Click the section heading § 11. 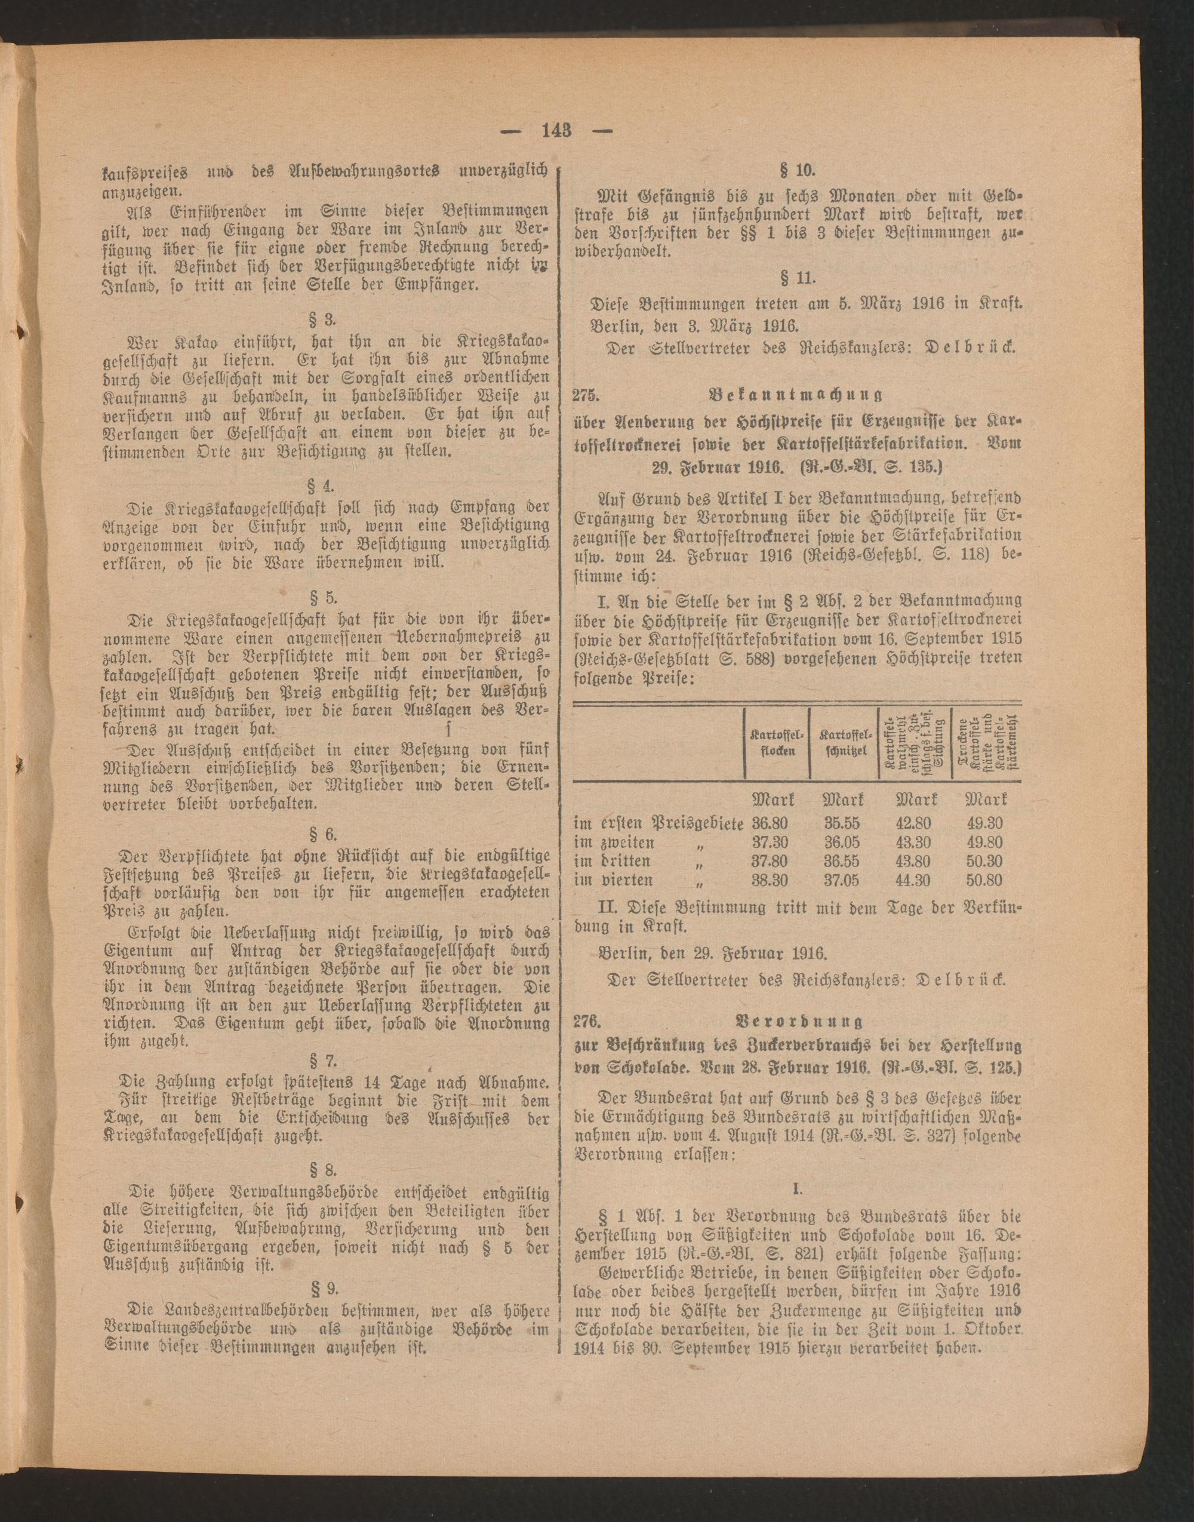[x=798, y=278]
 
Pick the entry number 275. [x=587, y=395]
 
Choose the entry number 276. [x=587, y=1023]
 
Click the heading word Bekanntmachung [x=795, y=395]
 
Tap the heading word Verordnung [x=795, y=1023]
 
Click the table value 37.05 [x=842, y=880]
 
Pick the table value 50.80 [x=984, y=880]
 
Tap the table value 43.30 [x=913, y=843]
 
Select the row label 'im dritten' [x=612, y=862]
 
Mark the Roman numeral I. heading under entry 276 [x=798, y=1188]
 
